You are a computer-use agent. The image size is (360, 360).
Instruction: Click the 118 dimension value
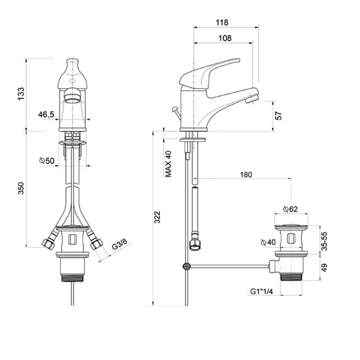tap(222, 23)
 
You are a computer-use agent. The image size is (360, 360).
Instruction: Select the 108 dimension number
tap(225, 38)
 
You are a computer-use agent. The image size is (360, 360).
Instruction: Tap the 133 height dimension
tap(21, 94)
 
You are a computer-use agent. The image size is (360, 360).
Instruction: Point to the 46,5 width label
tap(46, 114)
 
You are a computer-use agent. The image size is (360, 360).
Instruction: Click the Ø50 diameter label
tap(47, 161)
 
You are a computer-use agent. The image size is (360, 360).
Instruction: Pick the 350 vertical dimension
tap(21, 188)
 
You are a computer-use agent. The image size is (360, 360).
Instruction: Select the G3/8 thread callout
tap(119, 244)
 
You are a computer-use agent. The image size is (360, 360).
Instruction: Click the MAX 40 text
tap(169, 164)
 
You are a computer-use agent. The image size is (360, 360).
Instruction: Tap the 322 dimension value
tap(157, 217)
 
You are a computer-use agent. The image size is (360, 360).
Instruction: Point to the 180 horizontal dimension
tap(246, 175)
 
